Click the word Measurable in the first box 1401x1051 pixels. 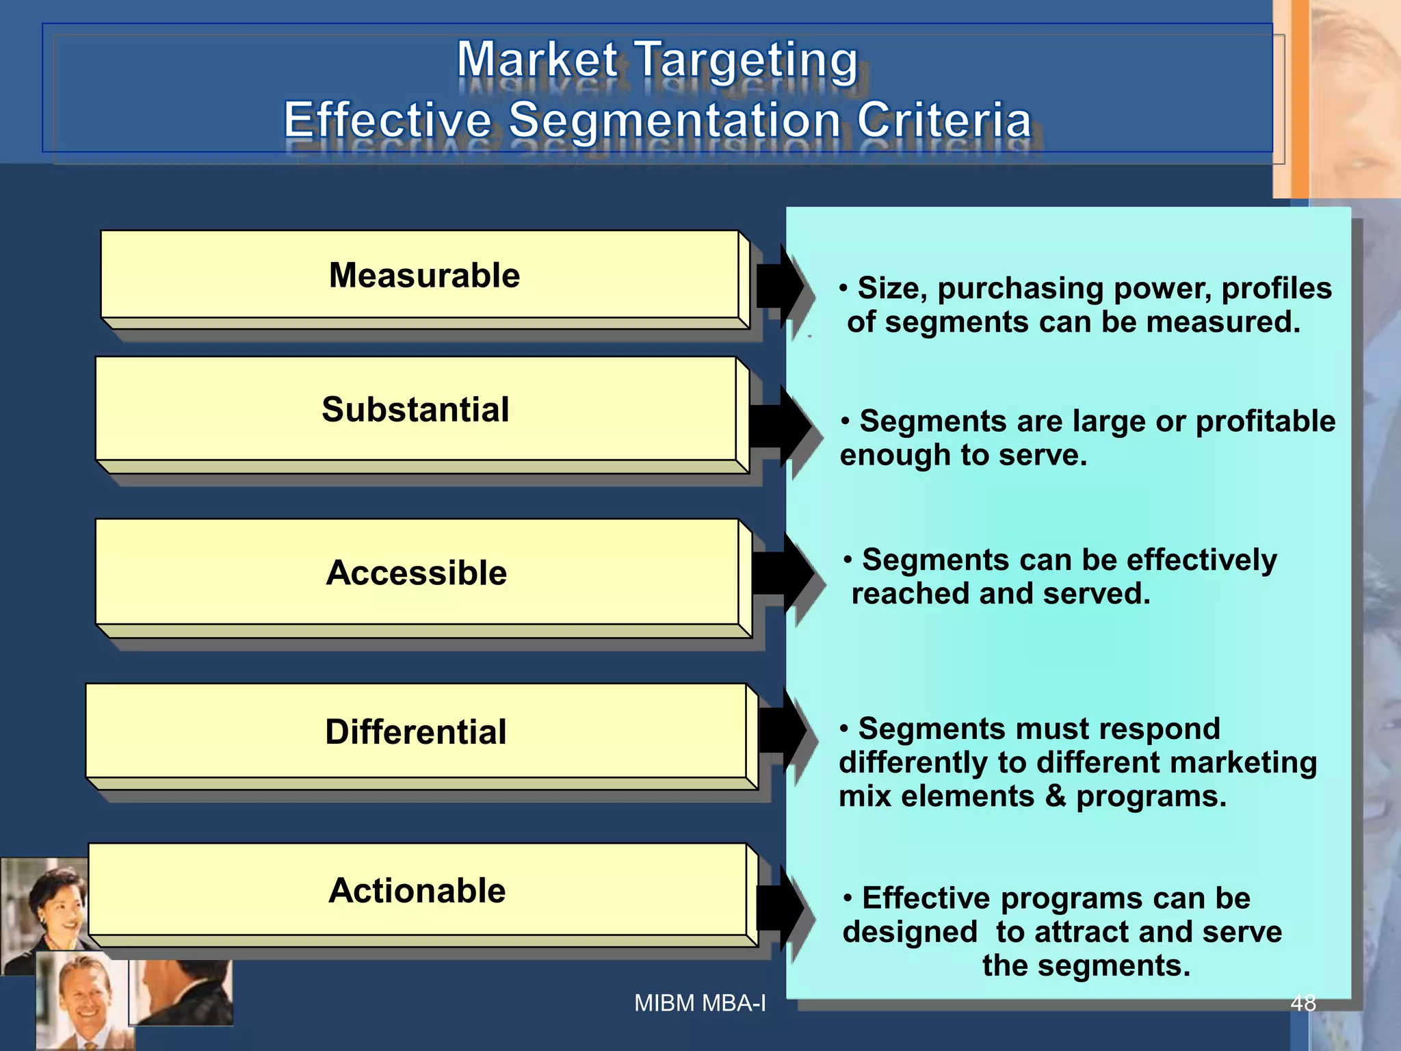tap(424, 276)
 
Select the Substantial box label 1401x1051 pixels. tap(415, 410)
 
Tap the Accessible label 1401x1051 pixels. tap(416, 573)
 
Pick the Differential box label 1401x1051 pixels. tap(415, 732)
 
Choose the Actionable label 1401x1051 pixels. tap(417, 891)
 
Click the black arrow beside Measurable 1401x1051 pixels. tap(781, 286)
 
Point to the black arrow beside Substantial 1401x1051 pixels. tap(779, 426)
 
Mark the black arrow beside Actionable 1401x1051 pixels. tap(780, 907)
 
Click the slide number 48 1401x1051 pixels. tap(1302, 1003)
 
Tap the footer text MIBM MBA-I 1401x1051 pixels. tap(700, 1003)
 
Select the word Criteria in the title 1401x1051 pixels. tap(944, 120)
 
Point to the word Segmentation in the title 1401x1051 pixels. tap(675, 120)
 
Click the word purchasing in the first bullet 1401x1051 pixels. tap(1020, 289)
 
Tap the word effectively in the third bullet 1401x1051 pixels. tap(1201, 560)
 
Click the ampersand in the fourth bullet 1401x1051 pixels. tap(1055, 796)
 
